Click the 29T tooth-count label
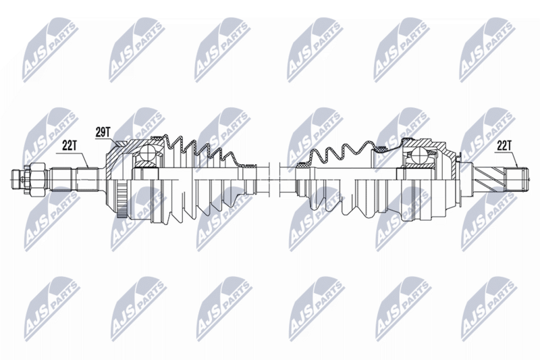tap(103, 132)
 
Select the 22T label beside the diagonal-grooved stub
tap(503, 147)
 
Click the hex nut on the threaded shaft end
tap(37, 179)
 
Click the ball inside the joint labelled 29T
tap(148, 152)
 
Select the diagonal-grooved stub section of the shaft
tap(489, 180)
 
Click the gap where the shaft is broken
tap(274, 179)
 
